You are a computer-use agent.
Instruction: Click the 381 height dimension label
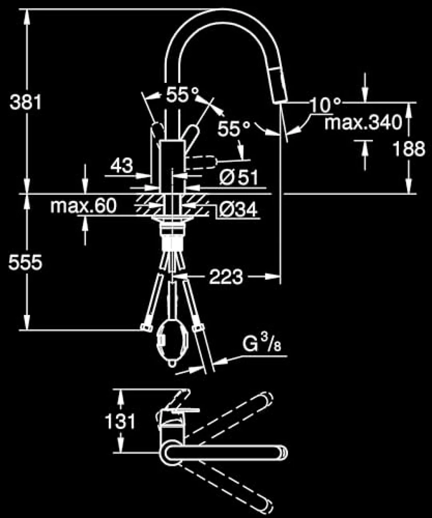[x=25, y=102]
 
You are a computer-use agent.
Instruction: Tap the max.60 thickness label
[x=83, y=206]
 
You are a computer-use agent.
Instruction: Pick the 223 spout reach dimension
[x=226, y=277]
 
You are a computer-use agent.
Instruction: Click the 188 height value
[x=409, y=149]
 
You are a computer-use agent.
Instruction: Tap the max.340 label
[x=363, y=122]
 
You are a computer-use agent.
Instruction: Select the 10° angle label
[x=325, y=105]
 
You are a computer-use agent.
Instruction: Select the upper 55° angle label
[x=182, y=95]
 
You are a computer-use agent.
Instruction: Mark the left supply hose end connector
[x=146, y=327]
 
